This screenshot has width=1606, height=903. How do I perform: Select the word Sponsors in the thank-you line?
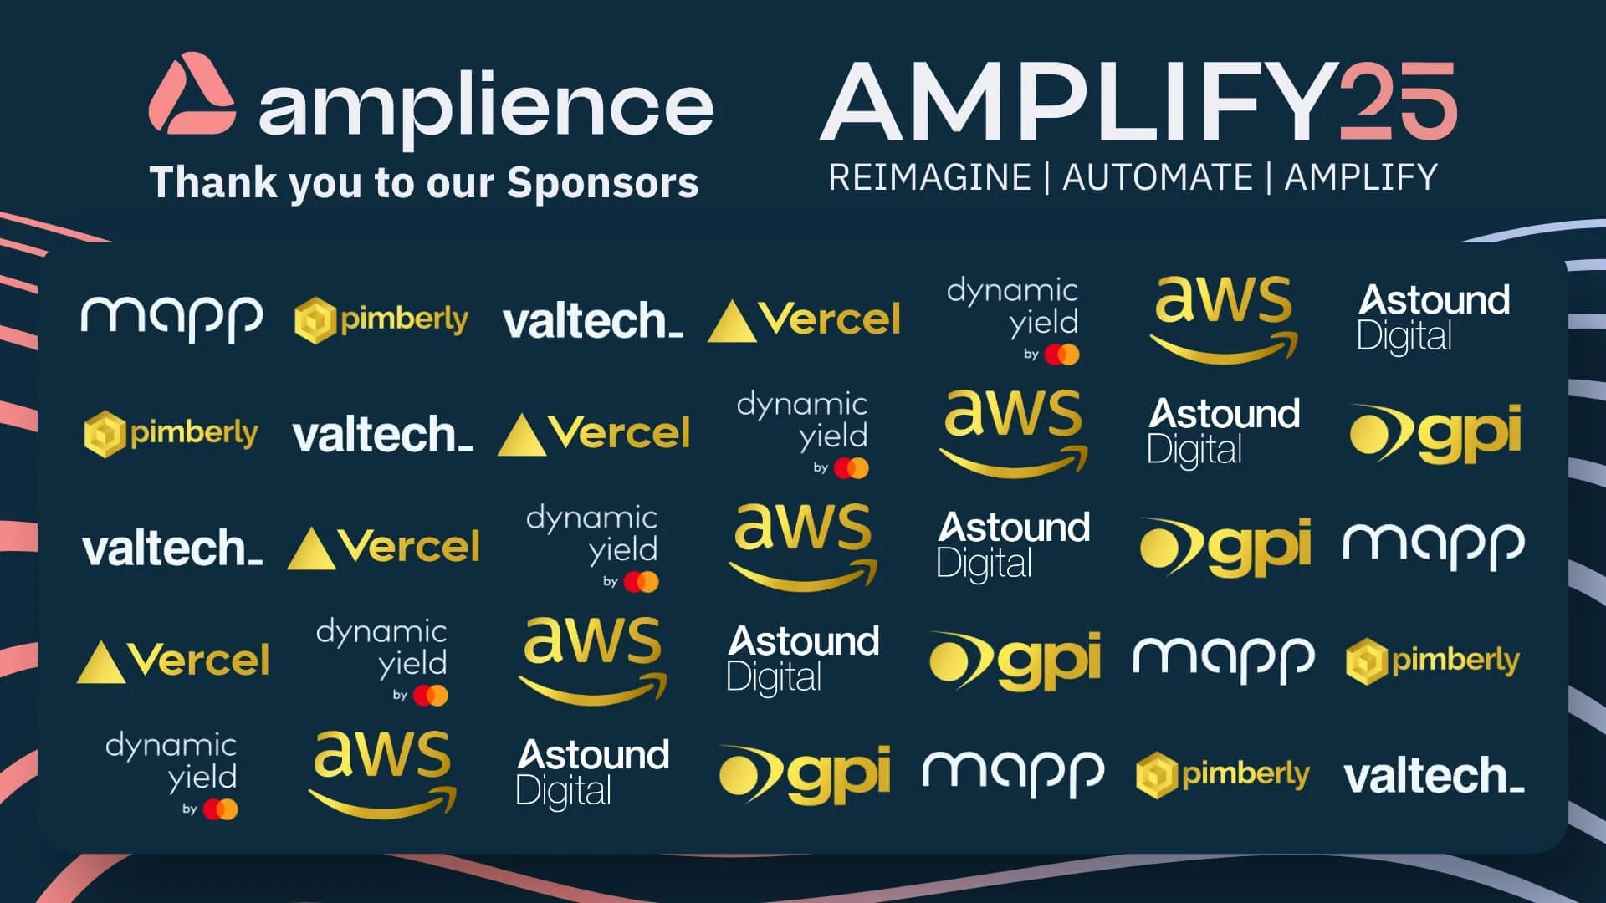click(x=602, y=182)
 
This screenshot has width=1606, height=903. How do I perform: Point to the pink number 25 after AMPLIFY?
click(x=1398, y=101)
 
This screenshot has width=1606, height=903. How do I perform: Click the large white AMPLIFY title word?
click(x=1079, y=103)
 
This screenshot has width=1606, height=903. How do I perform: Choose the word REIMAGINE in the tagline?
click(x=929, y=177)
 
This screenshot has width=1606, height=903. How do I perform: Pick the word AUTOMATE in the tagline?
click(x=1158, y=177)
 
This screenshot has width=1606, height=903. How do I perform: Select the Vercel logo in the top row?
click(x=804, y=320)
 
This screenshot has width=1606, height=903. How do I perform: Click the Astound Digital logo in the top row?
click(x=1434, y=319)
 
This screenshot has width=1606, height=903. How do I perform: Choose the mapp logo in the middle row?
click(x=1434, y=547)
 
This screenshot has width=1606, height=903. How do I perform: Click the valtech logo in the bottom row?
click(x=1434, y=775)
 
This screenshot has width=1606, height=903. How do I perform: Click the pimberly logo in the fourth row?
click(x=1432, y=661)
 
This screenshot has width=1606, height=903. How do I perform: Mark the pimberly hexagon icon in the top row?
click(x=315, y=320)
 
